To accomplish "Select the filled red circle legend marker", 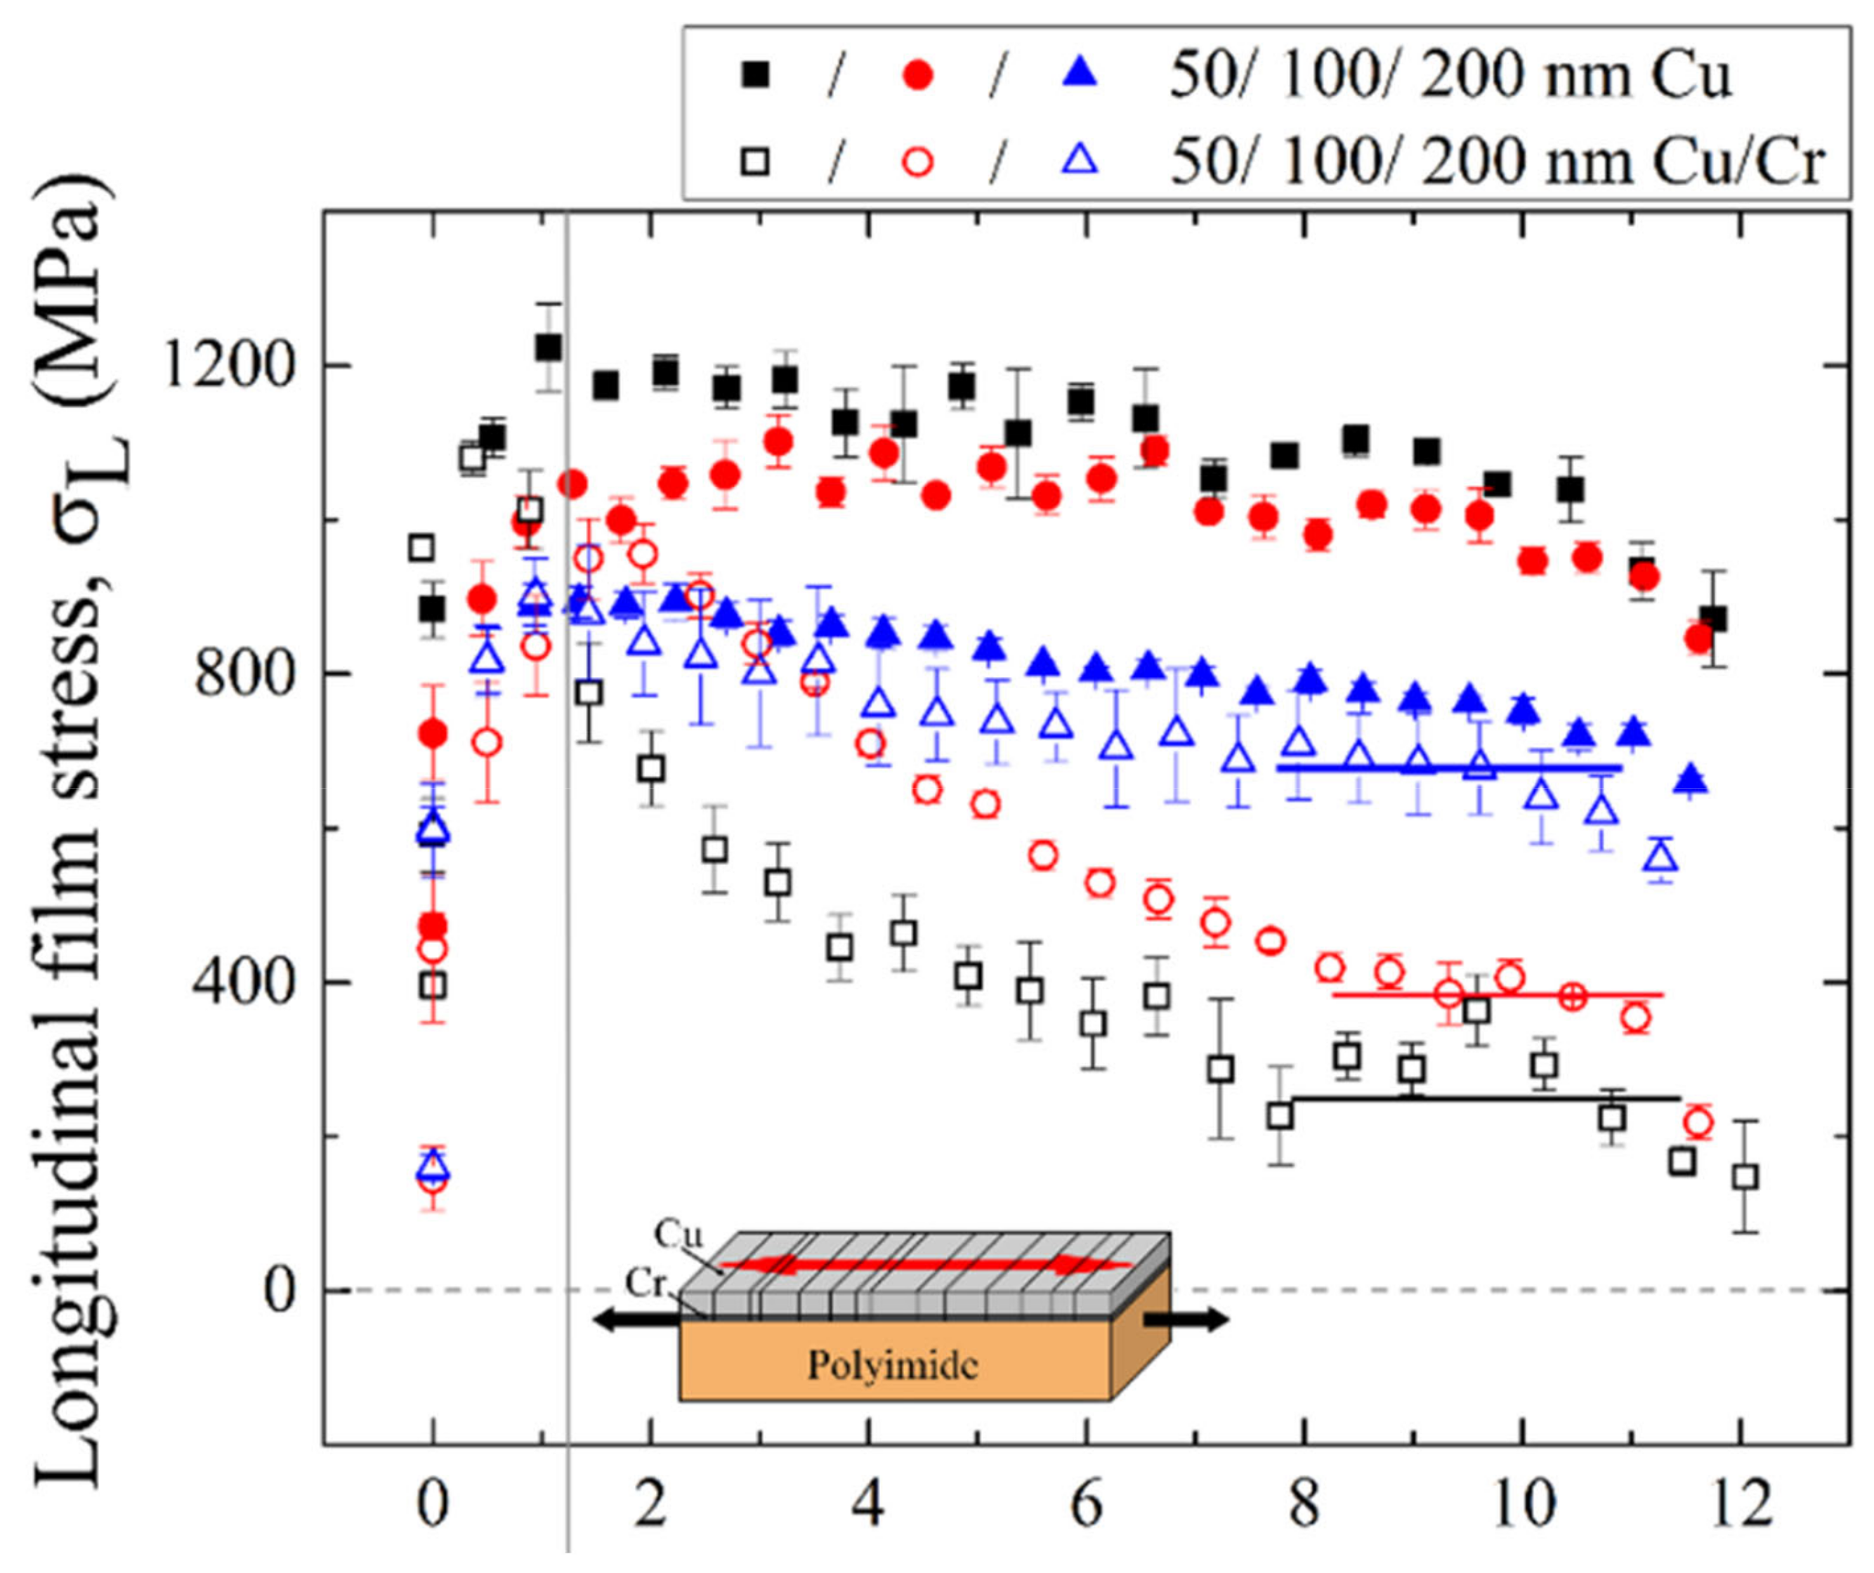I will (x=917, y=79).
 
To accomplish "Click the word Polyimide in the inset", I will (x=892, y=1365).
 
